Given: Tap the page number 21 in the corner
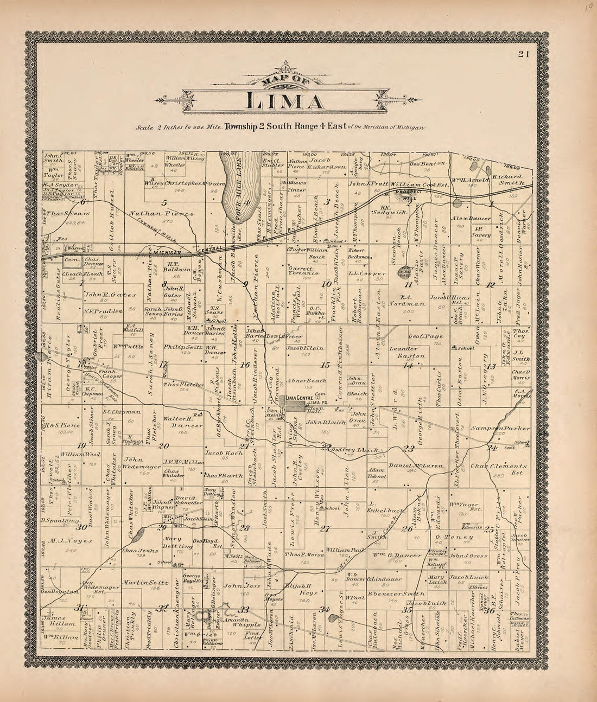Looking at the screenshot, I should point(523,53).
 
